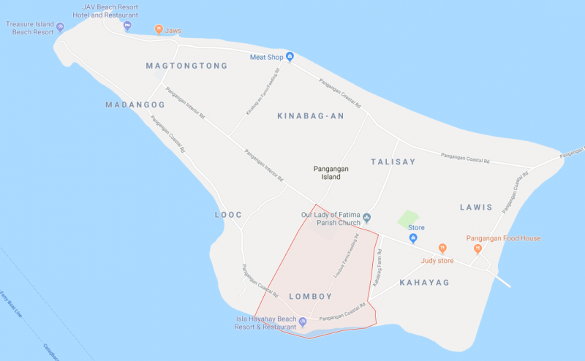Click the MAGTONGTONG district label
click(x=186, y=66)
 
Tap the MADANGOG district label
click(x=135, y=104)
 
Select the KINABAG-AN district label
click(x=311, y=116)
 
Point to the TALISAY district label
click(x=393, y=162)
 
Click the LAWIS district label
click(x=477, y=208)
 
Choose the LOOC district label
click(x=227, y=215)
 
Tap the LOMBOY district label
click(x=311, y=296)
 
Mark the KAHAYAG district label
click(x=424, y=282)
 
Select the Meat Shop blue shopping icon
click(x=290, y=57)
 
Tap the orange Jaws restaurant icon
click(x=159, y=30)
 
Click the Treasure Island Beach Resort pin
click(x=60, y=27)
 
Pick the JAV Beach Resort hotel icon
click(x=127, y=27)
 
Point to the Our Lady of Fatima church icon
click(x=367, y=218)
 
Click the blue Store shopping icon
click(x=413, y=239)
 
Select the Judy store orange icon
click(x=442, y=248)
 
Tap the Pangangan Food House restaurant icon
click(x=477, y=248)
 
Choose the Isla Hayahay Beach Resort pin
click(x=303, y=322)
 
